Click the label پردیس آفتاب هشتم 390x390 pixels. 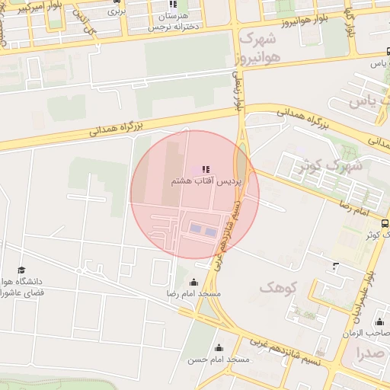[203, 183]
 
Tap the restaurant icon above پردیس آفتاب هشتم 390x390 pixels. [204, 169]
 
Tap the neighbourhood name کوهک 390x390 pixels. [276, 287]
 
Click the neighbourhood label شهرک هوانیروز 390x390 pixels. [259, 47]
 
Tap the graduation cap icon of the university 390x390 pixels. [22, 270]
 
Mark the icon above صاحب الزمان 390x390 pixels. [379, 321]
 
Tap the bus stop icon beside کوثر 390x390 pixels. [385, 224]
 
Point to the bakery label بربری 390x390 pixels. [116, 11]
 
